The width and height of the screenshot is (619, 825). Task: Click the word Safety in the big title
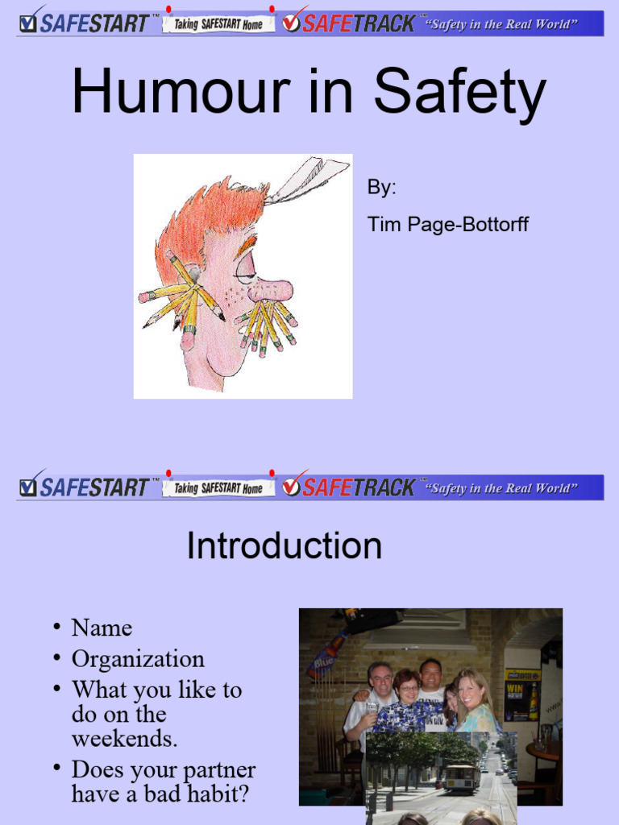point(459,93)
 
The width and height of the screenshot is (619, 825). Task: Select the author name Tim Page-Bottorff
point(448,224)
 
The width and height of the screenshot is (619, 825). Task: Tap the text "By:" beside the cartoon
point(382,188)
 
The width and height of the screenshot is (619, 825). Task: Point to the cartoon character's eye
point(245,267)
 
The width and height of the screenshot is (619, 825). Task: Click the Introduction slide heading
point(284,546)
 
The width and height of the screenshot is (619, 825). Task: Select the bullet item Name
point(102,628)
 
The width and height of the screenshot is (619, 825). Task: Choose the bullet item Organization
point(138,659)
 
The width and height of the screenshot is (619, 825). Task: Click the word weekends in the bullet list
point(124,738)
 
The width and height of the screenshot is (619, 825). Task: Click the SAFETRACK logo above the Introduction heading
point(348,487)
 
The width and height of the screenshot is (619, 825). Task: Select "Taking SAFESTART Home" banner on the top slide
point(218,24)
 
